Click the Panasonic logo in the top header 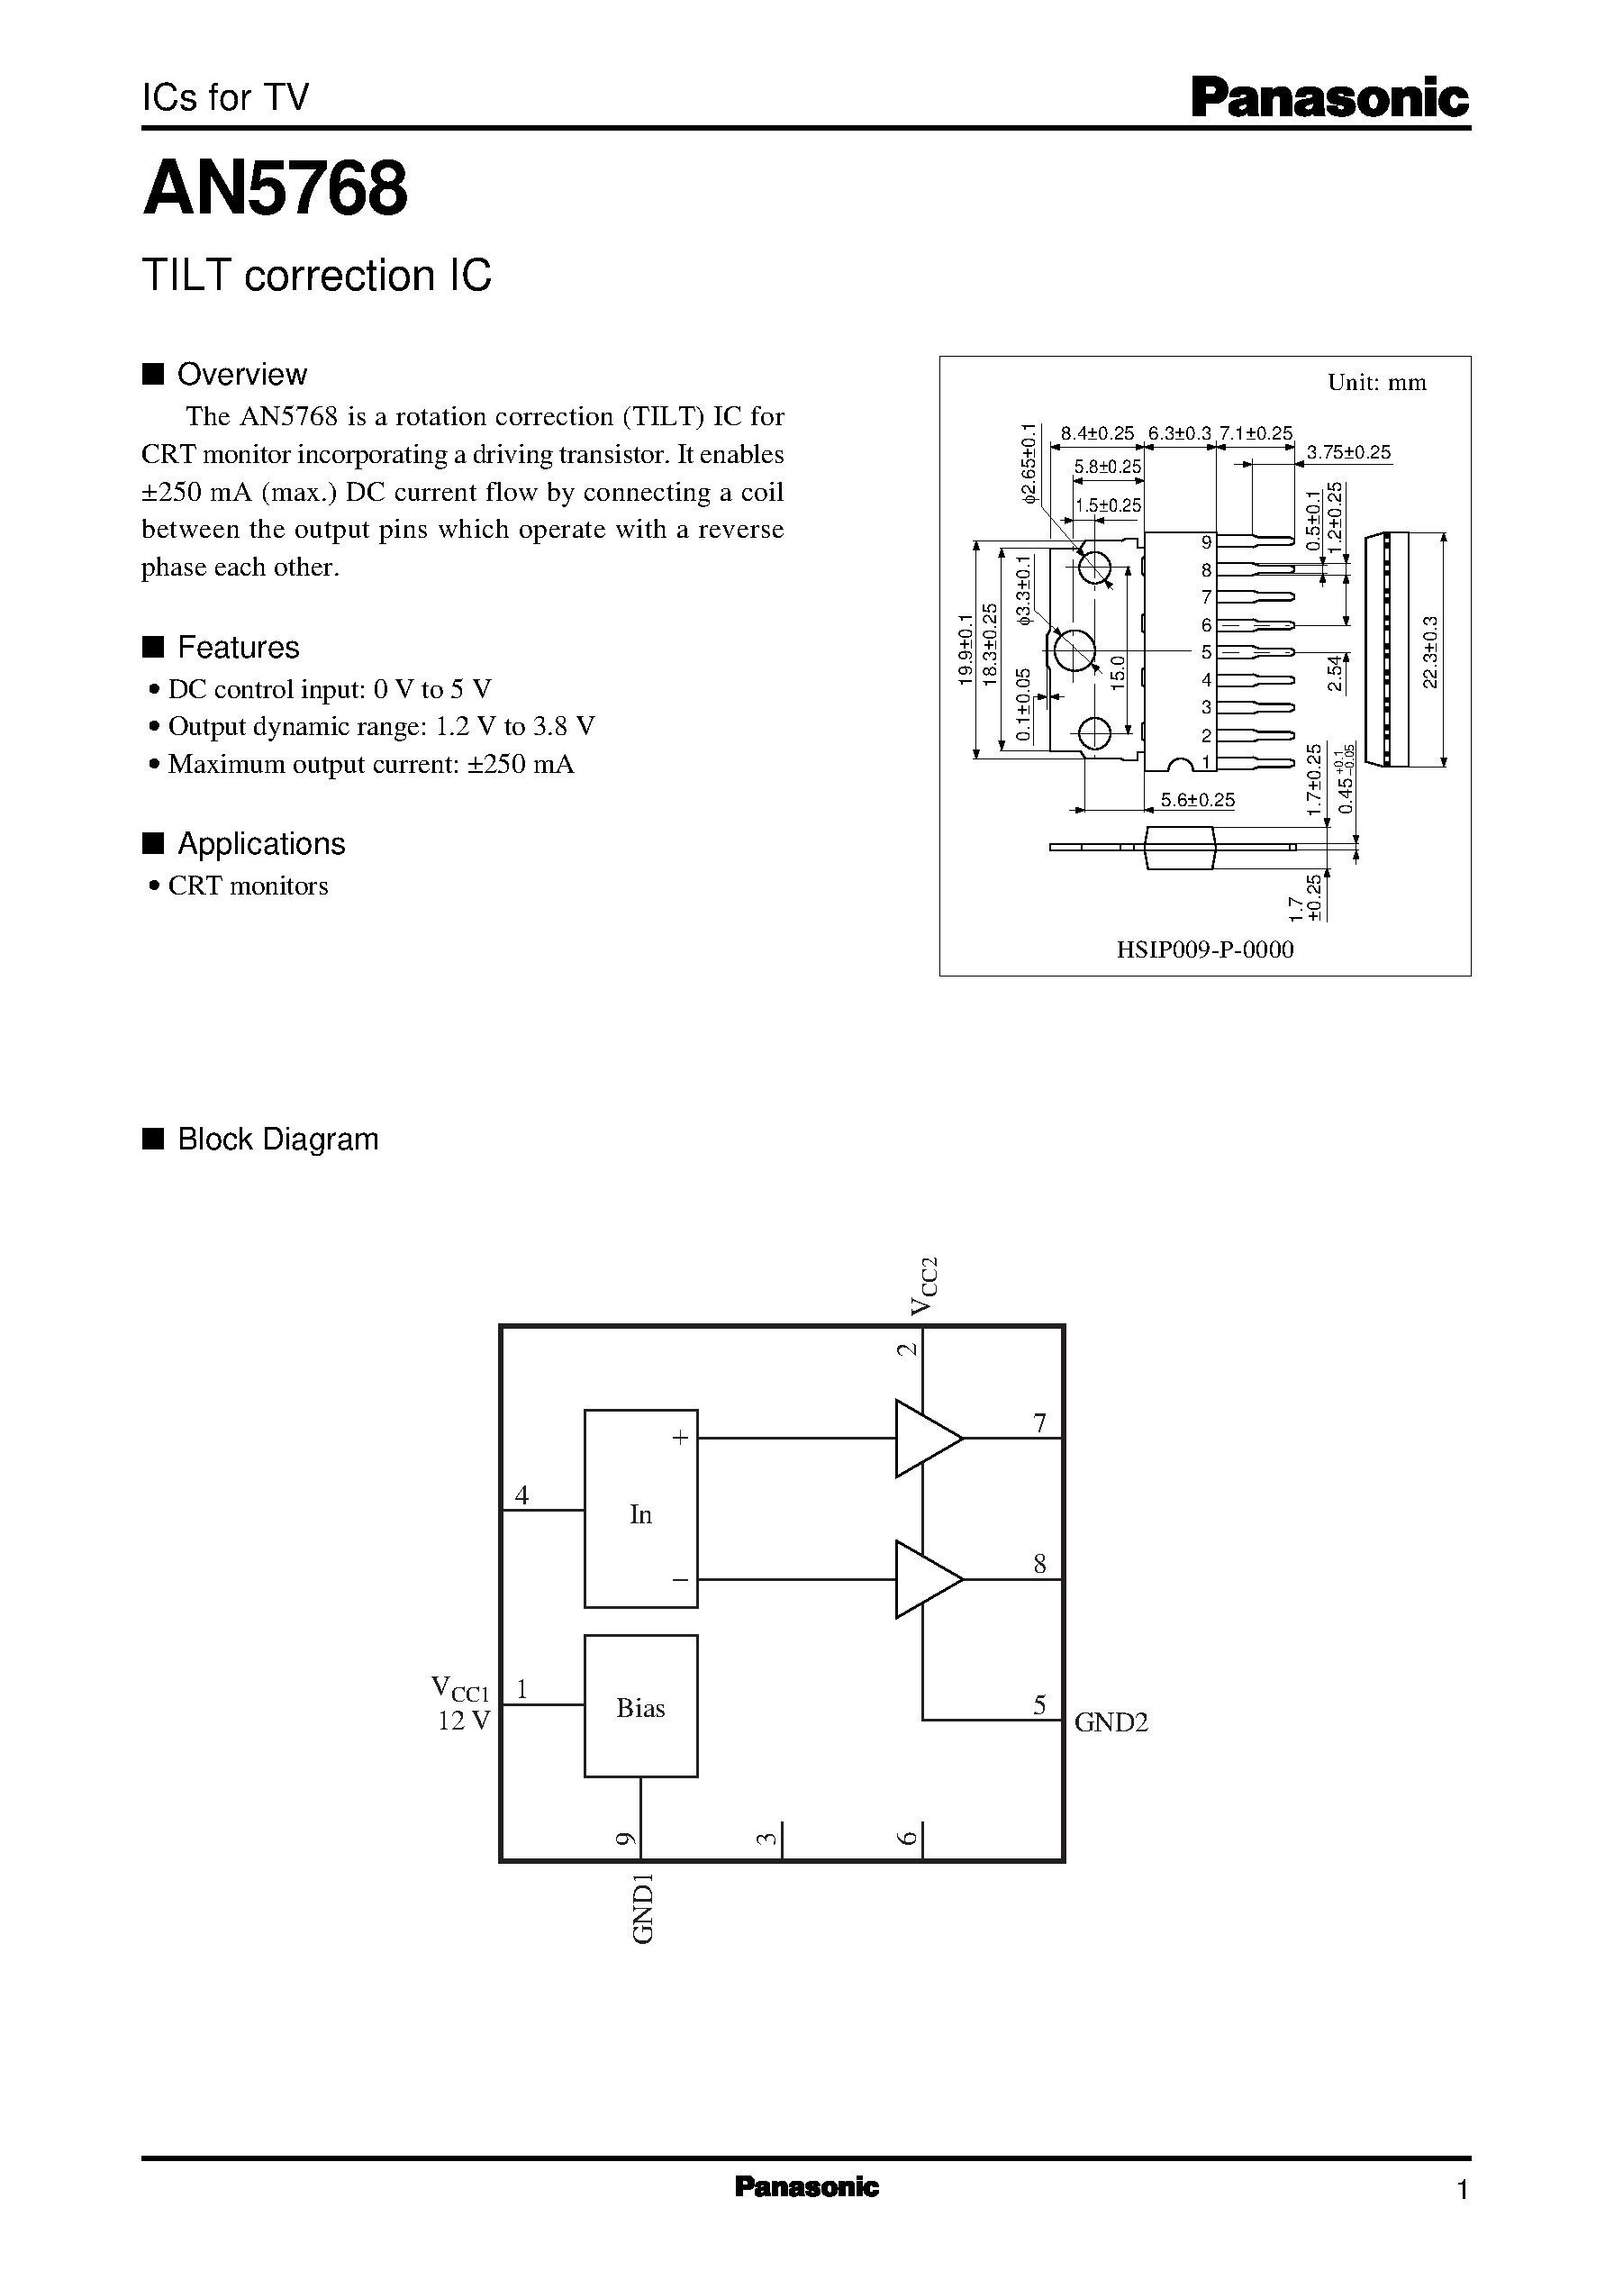1329,99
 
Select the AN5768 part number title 276,189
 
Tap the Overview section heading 241,375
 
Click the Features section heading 238,648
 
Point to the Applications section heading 260,844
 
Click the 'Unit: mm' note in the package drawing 1376,383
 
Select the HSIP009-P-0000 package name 1204,950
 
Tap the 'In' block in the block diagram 641,1514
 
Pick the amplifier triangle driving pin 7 925,1438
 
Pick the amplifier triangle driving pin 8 925,1579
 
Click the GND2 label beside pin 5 1111,1723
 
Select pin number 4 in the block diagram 521,1494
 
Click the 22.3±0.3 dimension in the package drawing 1429,651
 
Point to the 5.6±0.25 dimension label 1198,800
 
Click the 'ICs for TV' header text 225,97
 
